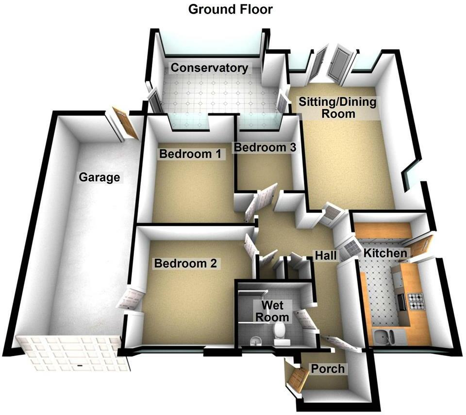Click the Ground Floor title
coord(230,9)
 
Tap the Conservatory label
coord(209,68)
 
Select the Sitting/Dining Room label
coord(337,108)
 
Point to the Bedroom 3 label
coord(264,147)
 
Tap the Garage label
coord(100,177)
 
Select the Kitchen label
coord(385,253)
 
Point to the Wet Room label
coord(276,311)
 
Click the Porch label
coord(328,369)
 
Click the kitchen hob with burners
coord(416,302)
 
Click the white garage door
coord(73,353)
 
